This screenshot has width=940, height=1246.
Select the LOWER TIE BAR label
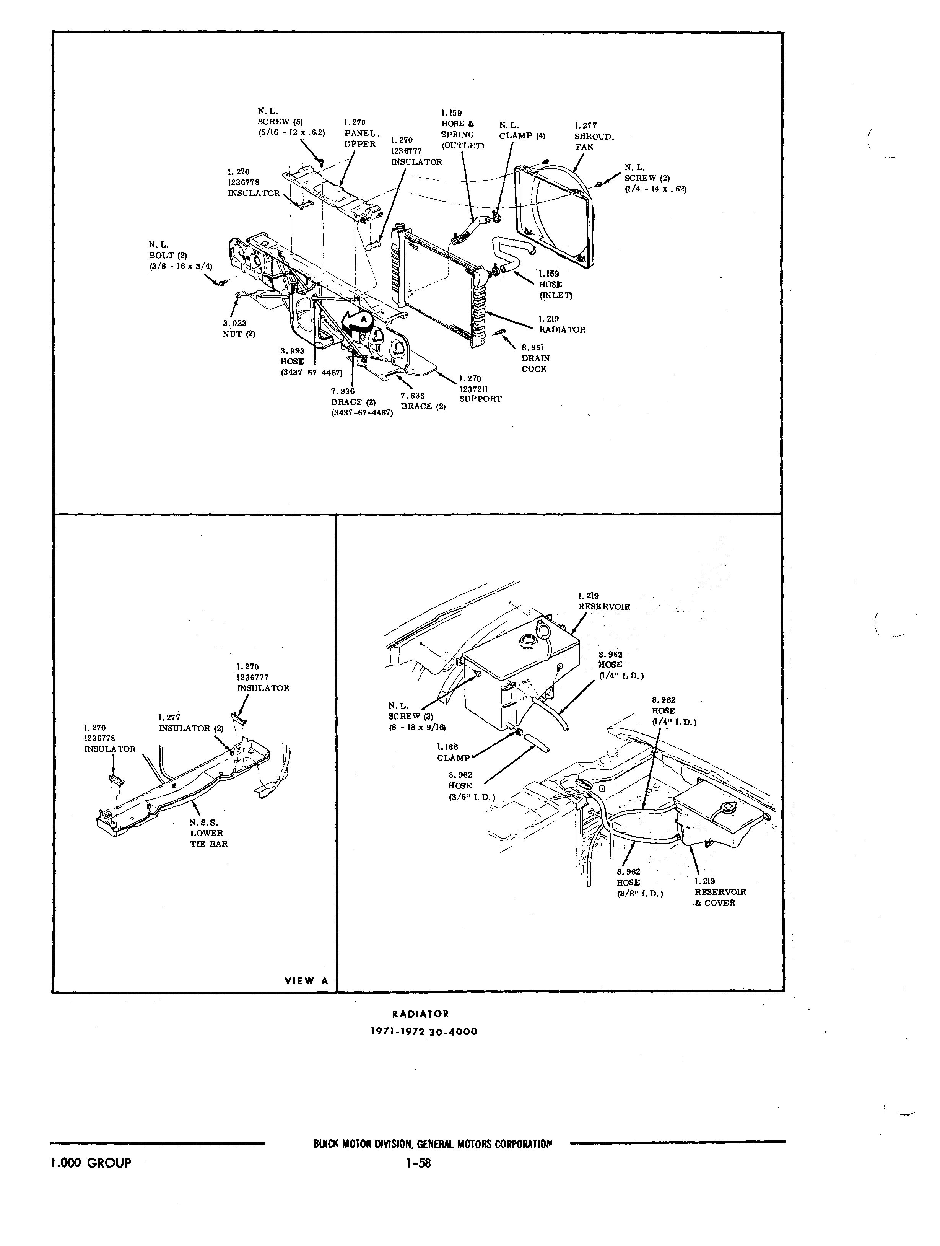(208, 833)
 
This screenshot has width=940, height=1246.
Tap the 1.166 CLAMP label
(452, 752)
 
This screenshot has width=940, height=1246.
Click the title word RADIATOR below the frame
(420, 1014)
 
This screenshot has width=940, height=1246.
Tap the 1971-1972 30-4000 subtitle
(423, 1032)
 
